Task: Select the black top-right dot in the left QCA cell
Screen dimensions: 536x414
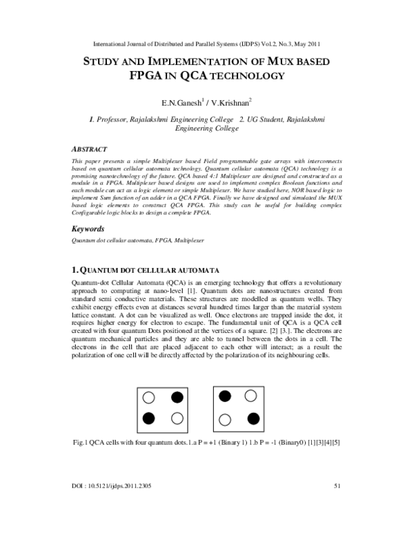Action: (x=177, y=397)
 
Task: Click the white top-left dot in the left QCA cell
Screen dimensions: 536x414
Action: (x=148, y=397)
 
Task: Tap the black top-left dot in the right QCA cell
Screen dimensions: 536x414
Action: (x=224, y=396)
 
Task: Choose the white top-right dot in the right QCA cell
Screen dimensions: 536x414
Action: (x=252, y=396)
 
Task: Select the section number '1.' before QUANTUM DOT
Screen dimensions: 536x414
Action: (x=76, y=268)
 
